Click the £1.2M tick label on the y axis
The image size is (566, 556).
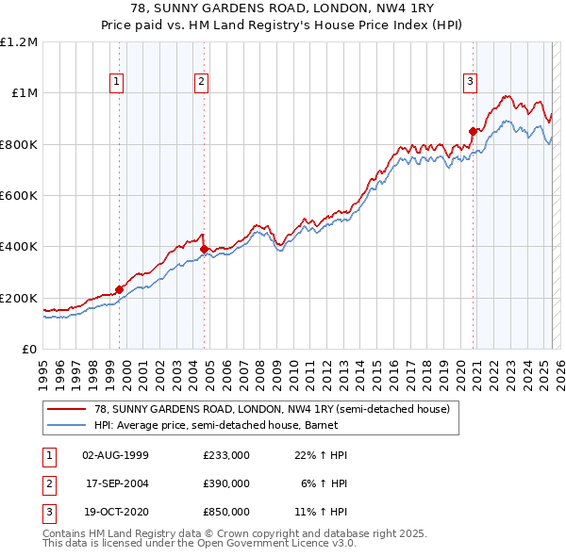point(19,42)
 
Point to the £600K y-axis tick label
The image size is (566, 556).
point(19,196)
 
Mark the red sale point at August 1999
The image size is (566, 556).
point(120,289)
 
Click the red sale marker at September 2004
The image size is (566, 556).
point(205,249)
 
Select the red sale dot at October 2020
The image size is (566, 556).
point(473,131)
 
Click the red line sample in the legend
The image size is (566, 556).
point(68,409)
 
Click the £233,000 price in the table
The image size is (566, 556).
point(226,455)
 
